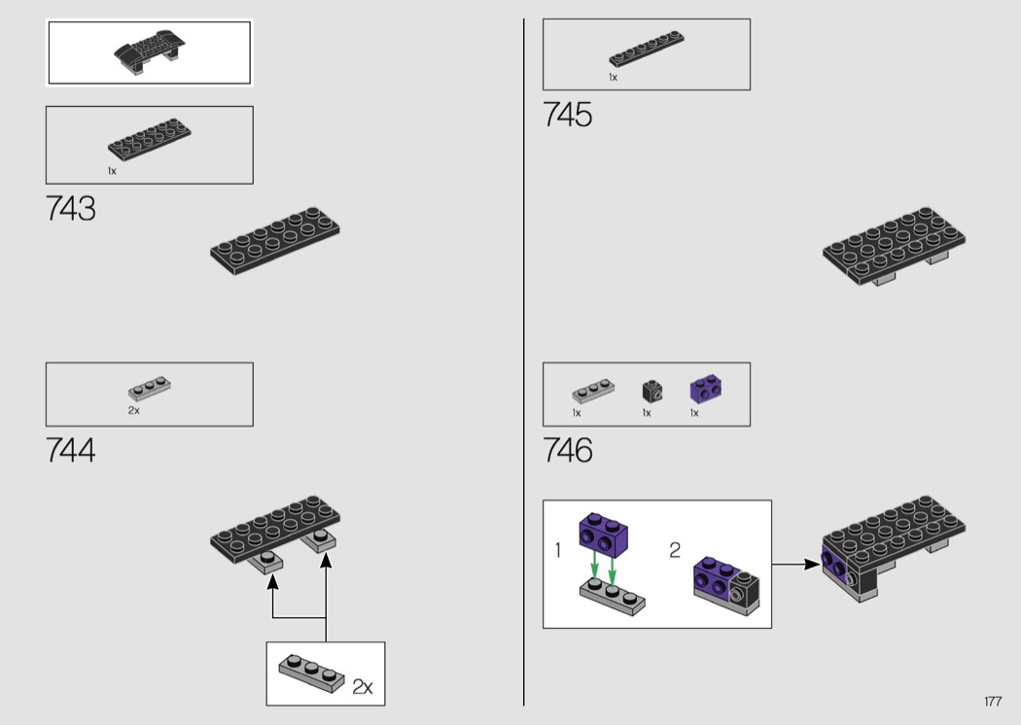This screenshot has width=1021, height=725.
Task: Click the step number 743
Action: (x=70, y=209)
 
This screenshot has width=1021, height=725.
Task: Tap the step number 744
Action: (x=70, y=450)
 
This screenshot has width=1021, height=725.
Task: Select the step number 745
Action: (x=568, y=115)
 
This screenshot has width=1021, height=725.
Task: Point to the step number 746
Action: (x=568, y=450)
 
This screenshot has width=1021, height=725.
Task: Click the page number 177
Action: (x=993, y=701)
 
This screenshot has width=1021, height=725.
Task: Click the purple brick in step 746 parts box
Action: (x=705, y=389)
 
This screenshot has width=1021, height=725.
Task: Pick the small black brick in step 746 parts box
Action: (x=652, y=391)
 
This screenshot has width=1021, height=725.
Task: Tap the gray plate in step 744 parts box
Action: (x=150, y=388)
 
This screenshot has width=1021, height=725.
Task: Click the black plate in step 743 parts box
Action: (x=149, y=139)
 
